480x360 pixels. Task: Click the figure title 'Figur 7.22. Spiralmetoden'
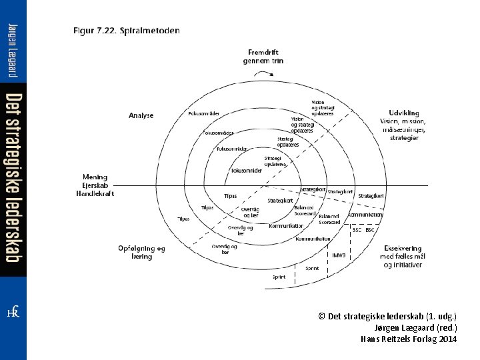[x=126, y=31]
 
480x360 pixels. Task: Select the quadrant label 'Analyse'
[x=141, y=115]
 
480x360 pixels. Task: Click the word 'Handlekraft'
[x=95, y=193]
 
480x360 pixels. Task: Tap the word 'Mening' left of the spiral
[x=95, y=177]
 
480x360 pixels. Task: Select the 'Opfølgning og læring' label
[x=141, y=252]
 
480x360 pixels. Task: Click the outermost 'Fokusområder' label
[x=204, y=113]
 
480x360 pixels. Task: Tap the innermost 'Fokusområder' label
[x=247, y=170]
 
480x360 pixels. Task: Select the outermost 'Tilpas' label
[x=183, y=218]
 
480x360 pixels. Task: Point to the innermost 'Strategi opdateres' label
[x=275, y=161]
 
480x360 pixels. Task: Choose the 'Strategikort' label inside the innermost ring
[x=280, y=200]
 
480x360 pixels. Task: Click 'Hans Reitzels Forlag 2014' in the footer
[x=408, y=339]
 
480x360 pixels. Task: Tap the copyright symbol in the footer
[x=321, y=316]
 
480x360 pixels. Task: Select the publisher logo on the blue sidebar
[x=13, y=313]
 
